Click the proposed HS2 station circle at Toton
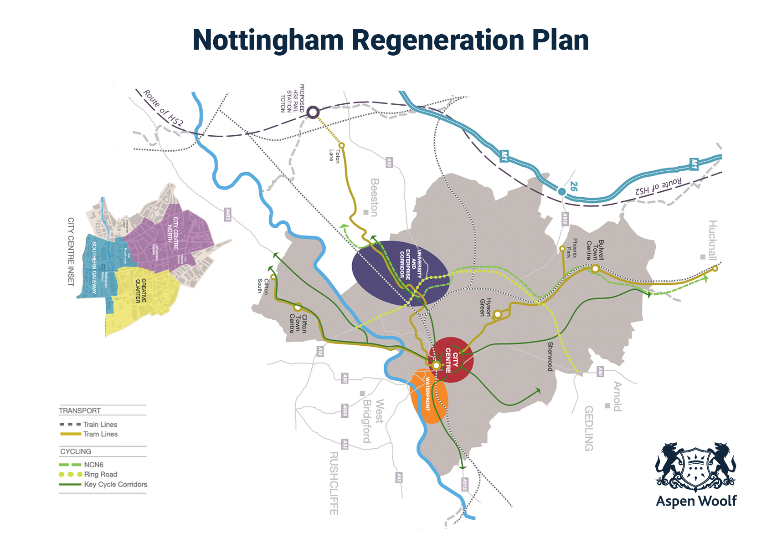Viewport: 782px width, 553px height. (x=313, y=112)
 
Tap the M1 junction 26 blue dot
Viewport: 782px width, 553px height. (x=562, y=192)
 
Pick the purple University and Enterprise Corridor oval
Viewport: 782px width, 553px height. (x=400, y=272)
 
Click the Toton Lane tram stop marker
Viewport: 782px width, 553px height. (x=341, y=146)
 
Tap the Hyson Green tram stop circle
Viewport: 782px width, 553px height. (x=498, y=314)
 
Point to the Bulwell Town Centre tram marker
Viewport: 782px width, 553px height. (x=595, y=269)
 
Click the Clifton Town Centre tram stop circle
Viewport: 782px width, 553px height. (x=298, y=307)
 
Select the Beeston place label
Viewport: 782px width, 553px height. (x=374, y=197)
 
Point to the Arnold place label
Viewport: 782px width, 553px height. (x=617, y=396)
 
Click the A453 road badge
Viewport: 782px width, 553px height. (x=227, y=215)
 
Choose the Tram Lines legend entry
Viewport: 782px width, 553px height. (x=100, y=434)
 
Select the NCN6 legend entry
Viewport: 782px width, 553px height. (x=93, y=465)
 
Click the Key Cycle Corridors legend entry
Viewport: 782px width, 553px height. (x=115, y=485)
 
